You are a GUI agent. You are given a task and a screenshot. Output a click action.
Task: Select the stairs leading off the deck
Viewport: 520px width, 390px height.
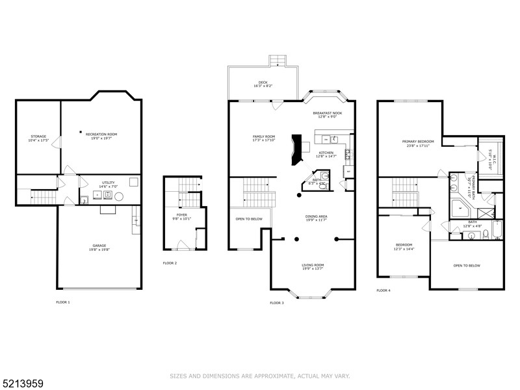pos(278,60)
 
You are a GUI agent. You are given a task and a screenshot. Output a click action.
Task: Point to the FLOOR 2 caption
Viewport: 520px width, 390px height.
pos(170,263)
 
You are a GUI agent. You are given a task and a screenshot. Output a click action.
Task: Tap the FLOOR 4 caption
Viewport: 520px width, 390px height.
pos(383,290)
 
